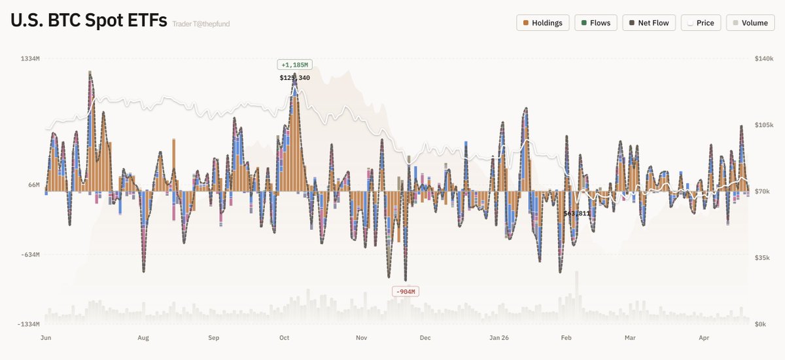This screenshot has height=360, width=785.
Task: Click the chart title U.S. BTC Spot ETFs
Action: [x=88, y=21]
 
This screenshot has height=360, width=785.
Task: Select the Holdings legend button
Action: [x=542, y=23]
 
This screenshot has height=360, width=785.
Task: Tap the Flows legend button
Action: [x=595, y=23]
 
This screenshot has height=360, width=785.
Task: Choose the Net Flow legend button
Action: [x=648, y=23]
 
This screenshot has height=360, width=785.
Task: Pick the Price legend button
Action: [x=701, y=23]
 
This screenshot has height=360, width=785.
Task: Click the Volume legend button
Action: [x=750, y=23]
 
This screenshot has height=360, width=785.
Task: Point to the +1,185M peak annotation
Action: [x=294, y=65]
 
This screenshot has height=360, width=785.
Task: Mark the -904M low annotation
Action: [x=404, y=291]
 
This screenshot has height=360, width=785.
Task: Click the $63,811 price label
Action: [x=577, y=213]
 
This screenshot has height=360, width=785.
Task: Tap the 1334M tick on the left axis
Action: [x=31, y=59]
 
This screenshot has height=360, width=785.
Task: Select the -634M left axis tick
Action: [x=31, y=255]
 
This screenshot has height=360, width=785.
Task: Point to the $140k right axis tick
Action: [x=764, y=59]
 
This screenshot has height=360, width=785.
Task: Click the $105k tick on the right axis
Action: [x=764, y=125]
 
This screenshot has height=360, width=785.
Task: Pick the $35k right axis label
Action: [x=763, y=258]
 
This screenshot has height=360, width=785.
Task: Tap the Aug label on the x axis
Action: [x=143, y=338]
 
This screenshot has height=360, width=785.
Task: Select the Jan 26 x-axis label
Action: [x=499, y=338]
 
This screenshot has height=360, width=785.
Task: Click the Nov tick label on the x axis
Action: [x=362, y=338]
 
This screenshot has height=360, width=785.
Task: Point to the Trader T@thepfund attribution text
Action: [x=201, y=24]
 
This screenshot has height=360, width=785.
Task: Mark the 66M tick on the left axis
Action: [x=33, y=185]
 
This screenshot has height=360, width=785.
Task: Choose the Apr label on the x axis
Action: [x=704, y=338]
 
